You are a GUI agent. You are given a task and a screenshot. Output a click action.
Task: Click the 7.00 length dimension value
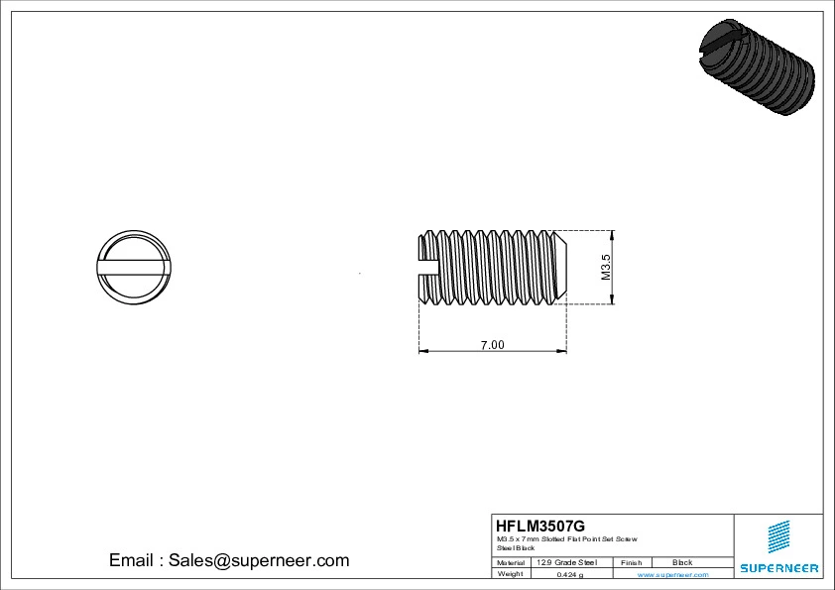[x=492, y=345]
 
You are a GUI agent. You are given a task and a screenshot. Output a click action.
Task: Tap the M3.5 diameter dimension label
[x=606, y=268]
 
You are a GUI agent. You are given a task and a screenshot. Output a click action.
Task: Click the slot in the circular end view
[x=135, y=266]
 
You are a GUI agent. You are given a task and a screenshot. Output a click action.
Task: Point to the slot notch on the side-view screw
[x=427, y=266]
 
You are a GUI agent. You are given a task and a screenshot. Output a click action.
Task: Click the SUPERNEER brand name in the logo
[x=778, y=568]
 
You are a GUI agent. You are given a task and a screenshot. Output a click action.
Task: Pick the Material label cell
[x=511, y=562]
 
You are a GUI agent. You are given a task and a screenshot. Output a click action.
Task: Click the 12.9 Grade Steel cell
[x=566, y=562]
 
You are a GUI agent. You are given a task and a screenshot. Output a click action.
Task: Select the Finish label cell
[x=631, y=562]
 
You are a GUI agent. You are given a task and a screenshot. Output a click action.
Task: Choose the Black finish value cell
[x=682, y=562]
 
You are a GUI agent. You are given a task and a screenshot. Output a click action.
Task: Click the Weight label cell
[x=511, y=574]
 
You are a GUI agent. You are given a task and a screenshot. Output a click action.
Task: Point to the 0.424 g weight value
[x=569, y=574]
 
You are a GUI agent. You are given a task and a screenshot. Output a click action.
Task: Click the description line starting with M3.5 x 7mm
[x=566, y=538]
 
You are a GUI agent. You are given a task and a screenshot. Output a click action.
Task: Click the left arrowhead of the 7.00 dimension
[x=423, y=350]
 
